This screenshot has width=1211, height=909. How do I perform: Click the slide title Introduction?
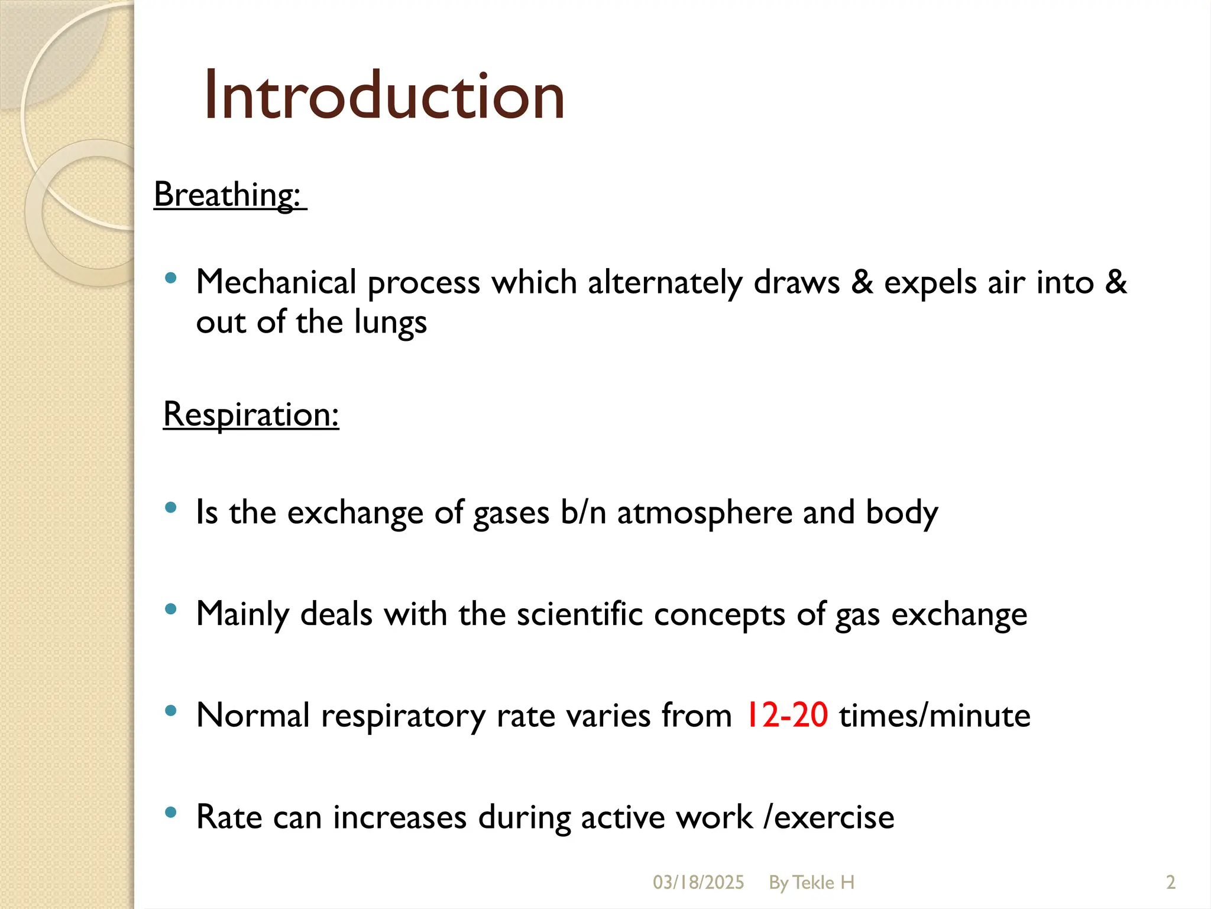point(384,95)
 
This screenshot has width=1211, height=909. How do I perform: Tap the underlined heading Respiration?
point(251,414)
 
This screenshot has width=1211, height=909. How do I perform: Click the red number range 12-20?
point(786,715)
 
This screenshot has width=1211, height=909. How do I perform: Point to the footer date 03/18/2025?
point(698,882)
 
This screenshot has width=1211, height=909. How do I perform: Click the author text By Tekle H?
point(811,882)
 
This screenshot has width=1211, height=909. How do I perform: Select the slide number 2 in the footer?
point(1170,882)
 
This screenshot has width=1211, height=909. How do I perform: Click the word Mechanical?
point(276,282)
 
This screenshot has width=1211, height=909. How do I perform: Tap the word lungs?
point(390,322)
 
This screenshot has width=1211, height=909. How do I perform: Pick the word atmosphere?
point(704,512)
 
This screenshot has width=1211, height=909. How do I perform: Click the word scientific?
point(579,614)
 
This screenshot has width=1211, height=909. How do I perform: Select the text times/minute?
point(934,715)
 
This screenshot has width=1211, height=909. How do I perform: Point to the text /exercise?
point(829,817)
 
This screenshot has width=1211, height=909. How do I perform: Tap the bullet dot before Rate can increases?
point(171,813)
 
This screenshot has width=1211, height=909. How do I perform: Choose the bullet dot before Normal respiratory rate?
point(171,711)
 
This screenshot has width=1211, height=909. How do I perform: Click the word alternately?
point(665,282)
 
